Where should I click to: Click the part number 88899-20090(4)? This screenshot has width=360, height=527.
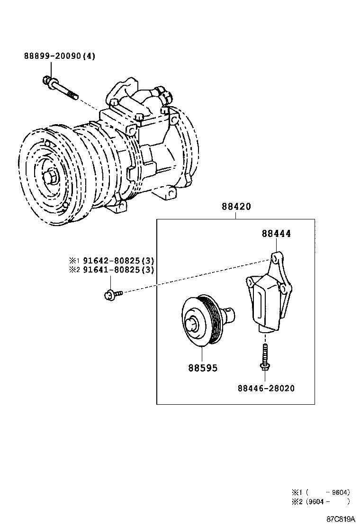(60, 56)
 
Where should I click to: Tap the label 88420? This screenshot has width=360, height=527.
(235, 207)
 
